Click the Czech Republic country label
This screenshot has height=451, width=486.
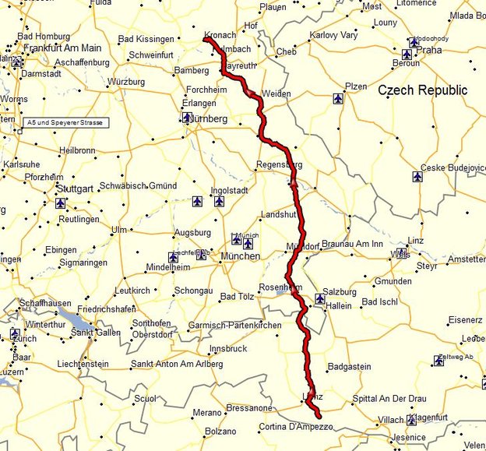coord(423,90)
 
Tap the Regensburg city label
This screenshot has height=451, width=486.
coord(280,165)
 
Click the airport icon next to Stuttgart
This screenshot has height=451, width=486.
coord(61,203)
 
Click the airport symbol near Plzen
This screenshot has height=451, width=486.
coord(337,99)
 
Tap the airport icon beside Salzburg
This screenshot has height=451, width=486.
coord(320,298)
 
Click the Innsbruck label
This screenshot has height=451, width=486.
coord(227,348)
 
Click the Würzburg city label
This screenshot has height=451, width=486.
coord(126,82)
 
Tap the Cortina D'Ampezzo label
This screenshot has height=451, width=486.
coord(296,427)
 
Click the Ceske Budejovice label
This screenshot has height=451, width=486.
coord(453,167)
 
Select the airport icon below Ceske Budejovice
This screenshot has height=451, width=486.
coord(418,177)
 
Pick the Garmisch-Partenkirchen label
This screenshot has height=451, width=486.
coord(234,326)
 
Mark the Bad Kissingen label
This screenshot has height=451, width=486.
coord(146,39)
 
